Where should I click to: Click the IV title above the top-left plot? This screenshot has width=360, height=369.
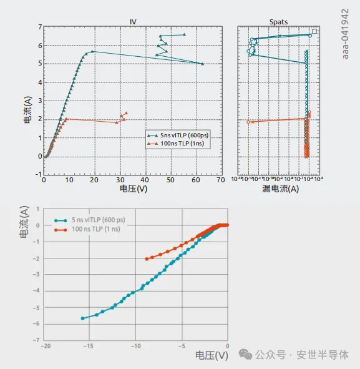pos(133,22)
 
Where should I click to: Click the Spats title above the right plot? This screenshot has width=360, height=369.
pos(278,22)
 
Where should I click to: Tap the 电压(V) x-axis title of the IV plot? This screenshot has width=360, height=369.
pos(133,188)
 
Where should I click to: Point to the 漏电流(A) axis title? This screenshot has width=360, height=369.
pos(278,189)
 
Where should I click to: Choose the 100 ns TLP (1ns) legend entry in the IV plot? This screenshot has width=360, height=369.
pos(182,144)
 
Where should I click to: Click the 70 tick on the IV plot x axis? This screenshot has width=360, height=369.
pos(221,180)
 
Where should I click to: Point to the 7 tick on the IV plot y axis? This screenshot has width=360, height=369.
pos(39,27)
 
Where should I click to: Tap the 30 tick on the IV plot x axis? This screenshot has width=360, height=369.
pos(119,180)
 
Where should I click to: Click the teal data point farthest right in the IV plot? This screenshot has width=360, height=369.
pos(203,64)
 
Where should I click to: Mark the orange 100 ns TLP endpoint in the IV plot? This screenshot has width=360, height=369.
pos(126,114)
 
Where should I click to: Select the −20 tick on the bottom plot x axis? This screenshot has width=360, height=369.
pos(46,345)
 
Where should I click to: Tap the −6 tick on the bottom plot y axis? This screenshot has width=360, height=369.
pos(39,325)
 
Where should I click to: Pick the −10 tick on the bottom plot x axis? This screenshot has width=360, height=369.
pos(135,345)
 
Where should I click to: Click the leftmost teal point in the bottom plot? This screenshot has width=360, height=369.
pos(83,318)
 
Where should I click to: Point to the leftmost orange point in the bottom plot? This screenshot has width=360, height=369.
pos(147,258)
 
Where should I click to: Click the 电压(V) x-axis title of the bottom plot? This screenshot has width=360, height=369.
pos(212,355)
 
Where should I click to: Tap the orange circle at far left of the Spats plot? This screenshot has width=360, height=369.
pos(249,122)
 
